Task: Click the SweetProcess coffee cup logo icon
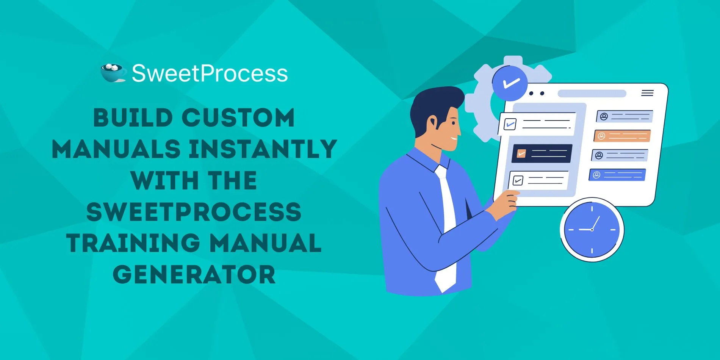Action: pos(113,72)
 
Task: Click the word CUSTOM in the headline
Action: pos(238,117)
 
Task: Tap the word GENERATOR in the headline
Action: pos(194,274)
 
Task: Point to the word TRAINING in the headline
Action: pos(133,243)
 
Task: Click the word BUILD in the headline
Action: pos(133,117)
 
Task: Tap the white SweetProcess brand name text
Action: pos(210,73)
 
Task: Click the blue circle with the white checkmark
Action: pos(510,83)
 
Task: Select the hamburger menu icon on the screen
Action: pos(647,93)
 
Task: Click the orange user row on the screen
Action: pos(622,136)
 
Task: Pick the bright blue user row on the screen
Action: pos(617,175)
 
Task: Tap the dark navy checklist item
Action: pos(542,153)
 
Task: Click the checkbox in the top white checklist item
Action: pos(510,124)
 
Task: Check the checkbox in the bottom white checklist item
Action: pos(518,180)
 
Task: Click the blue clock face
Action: pos(592,230)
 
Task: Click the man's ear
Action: pos(433,124)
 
